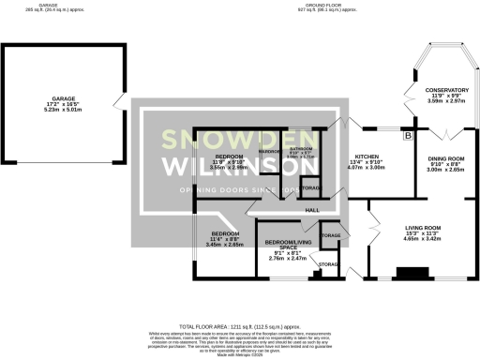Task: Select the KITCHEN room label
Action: pyautogui.click(x=365, y=159)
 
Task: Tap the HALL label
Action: pyautogui.click(x=312, y=210)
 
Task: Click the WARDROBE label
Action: pyautogui.click(x=271, y=150)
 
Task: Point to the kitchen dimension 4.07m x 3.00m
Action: pyautogui.click(x=365, y=172)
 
